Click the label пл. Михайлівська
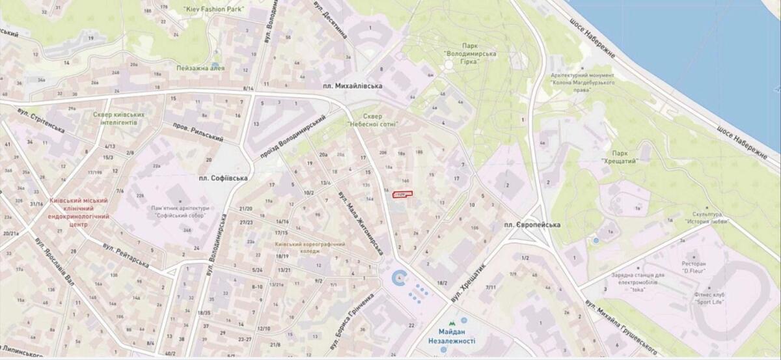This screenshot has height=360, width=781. coord(353,86)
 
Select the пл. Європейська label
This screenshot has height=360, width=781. coord(531,225)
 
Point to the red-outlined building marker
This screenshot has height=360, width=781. coord(403,194)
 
